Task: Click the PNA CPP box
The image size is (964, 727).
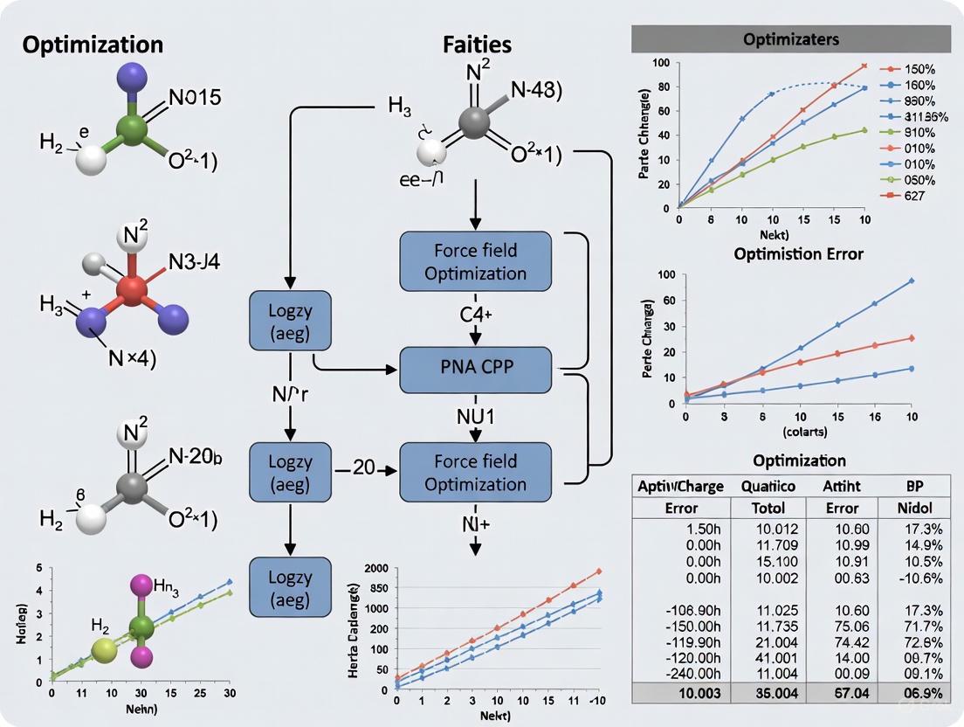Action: coord(475,368)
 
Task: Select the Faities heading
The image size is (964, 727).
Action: coord(477,45)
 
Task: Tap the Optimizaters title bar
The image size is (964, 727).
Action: coord(790,39)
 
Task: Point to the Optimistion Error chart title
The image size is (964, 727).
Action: coord(798,255)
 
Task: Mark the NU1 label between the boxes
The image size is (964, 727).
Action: coord(476,417)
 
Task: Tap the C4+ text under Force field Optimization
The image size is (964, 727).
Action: coord(476,315)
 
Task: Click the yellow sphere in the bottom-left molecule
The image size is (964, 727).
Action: coord(105,648)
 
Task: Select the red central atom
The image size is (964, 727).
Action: coord(132,288)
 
